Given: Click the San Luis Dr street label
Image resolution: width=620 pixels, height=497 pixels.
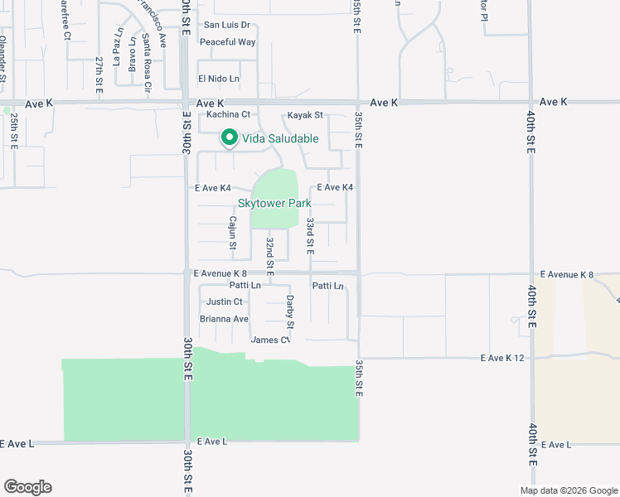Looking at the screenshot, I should [226, 26].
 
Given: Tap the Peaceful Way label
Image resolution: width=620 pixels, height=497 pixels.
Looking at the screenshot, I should [228, 42].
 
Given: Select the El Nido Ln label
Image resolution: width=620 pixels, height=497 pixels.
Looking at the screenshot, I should [218, 79].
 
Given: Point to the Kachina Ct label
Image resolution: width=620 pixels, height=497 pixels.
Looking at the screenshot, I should [228, 114].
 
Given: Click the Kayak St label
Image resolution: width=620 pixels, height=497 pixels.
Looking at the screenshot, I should [305, 115].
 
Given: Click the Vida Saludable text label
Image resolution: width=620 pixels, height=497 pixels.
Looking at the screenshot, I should [280, 138].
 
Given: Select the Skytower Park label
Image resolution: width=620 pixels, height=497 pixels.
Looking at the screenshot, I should [274, 203].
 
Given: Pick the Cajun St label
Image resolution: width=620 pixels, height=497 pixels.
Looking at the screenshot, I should [233, 233].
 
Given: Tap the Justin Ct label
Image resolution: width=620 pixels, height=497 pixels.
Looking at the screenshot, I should [225, 302].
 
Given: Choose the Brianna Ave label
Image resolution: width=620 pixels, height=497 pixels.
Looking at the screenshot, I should [224, 319].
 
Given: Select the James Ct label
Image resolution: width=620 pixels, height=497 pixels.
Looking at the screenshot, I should [270, 340].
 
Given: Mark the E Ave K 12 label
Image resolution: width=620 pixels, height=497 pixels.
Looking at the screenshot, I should [503, 358].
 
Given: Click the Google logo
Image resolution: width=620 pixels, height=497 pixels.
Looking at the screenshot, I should [27, 487].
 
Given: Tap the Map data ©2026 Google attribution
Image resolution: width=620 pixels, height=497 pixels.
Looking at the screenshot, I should [568, 490].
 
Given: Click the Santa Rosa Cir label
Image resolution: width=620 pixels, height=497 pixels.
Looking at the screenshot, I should [147, 61].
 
